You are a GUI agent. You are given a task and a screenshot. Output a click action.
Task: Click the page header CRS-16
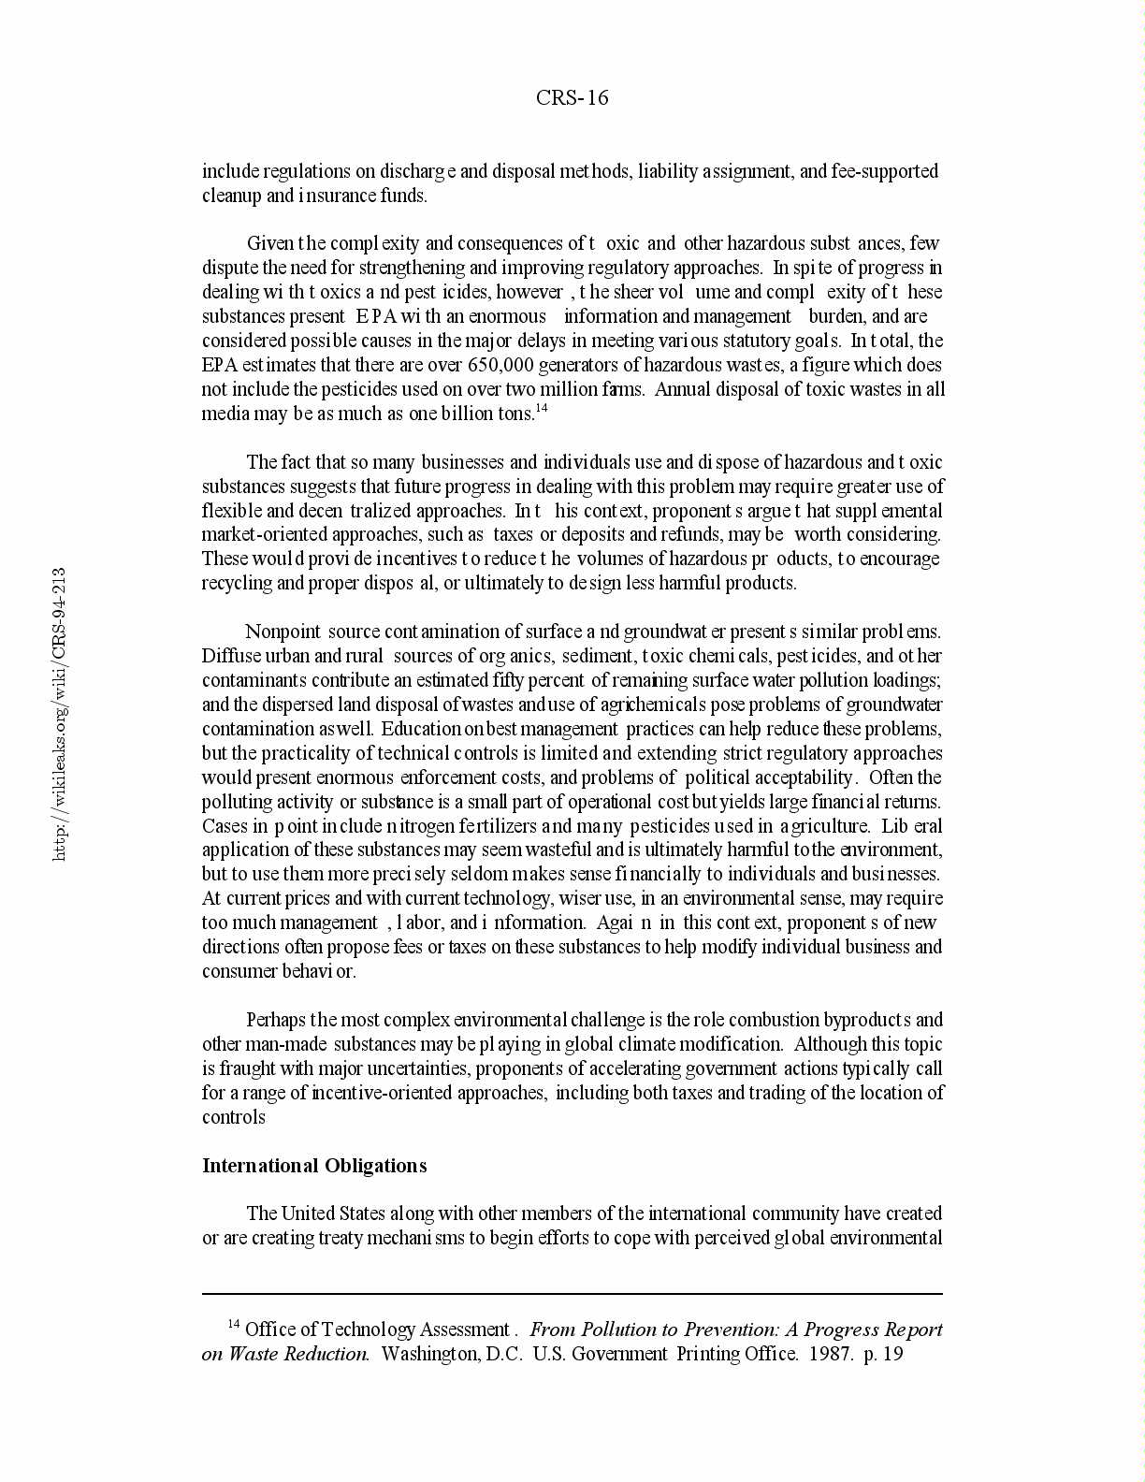(x=572, y=98)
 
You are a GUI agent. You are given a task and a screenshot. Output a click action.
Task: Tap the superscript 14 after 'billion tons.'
(x=541, y=408)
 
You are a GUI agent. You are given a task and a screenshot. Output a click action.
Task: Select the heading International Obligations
(x=314, y=1166)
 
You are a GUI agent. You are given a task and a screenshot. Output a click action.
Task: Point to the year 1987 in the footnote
(x=831, y=1354)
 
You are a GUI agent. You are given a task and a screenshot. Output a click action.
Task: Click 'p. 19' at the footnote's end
(x=884, y=1354)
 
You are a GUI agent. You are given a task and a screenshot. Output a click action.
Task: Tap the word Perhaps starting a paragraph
(x=276, y=1020)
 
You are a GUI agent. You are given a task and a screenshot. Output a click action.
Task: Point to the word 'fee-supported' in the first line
(x=884, y=171)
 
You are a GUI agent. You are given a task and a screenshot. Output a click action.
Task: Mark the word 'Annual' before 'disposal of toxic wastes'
(x=682, y=389)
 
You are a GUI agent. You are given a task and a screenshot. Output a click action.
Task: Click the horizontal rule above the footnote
(x=572, y=1294)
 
